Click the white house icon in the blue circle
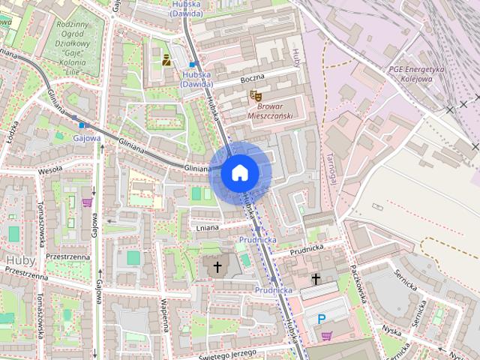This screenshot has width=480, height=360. pyautogui.click(x=239, y=173)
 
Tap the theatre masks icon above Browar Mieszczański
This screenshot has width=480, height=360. pyautogui.click(x=255, y=96)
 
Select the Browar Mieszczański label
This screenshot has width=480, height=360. pyautogui.click(x=268, y=112)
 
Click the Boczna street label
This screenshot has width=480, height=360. pyautogui.click(x=253, y=79)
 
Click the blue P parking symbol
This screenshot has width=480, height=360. pyautogui.click(x=322, y=319)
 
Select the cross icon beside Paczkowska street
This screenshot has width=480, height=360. pyautogui.click(x=316, y=279)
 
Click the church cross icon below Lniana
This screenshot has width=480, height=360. pyautogui.click(x=217, y=266)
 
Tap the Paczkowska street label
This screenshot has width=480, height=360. pyautogui.click(x=357, y=286)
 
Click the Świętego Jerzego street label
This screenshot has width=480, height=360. pyautogui.click(x=228, y=352)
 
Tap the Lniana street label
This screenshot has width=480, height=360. pyautogui.click(x=207, y=226)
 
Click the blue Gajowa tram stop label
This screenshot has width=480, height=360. pyautogui.click(x=87, y=138)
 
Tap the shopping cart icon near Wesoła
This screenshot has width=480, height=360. pyautogui.click(x=88, y=201)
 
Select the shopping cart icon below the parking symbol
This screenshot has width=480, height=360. pyautogui.click(x=325, y=336)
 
